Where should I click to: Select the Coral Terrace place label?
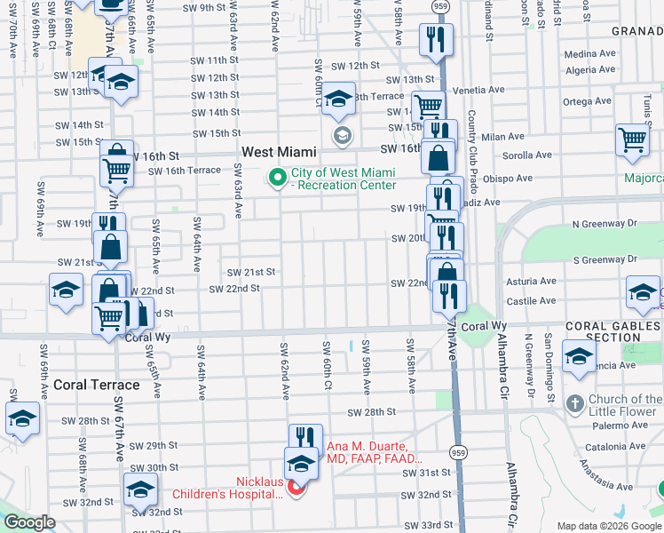point(97,385)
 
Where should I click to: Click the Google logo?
point(28,522)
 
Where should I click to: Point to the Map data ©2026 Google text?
point(608,525)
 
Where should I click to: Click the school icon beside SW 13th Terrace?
point(338,99)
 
